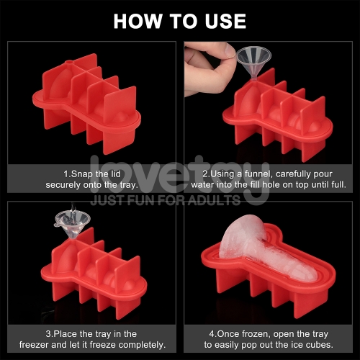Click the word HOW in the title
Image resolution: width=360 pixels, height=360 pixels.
[x=138, y=21]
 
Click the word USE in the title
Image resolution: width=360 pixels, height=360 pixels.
[x=225, y=21]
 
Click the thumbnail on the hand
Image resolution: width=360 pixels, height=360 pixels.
[x=230, y=50]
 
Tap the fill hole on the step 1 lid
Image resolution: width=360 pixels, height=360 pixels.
[x=69, y=62]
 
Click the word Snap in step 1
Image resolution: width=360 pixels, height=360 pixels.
[x=82, y=174]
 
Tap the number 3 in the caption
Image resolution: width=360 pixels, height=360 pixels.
[x=48, y=334]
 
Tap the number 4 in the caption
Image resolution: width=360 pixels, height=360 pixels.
[x=212, y=334]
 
